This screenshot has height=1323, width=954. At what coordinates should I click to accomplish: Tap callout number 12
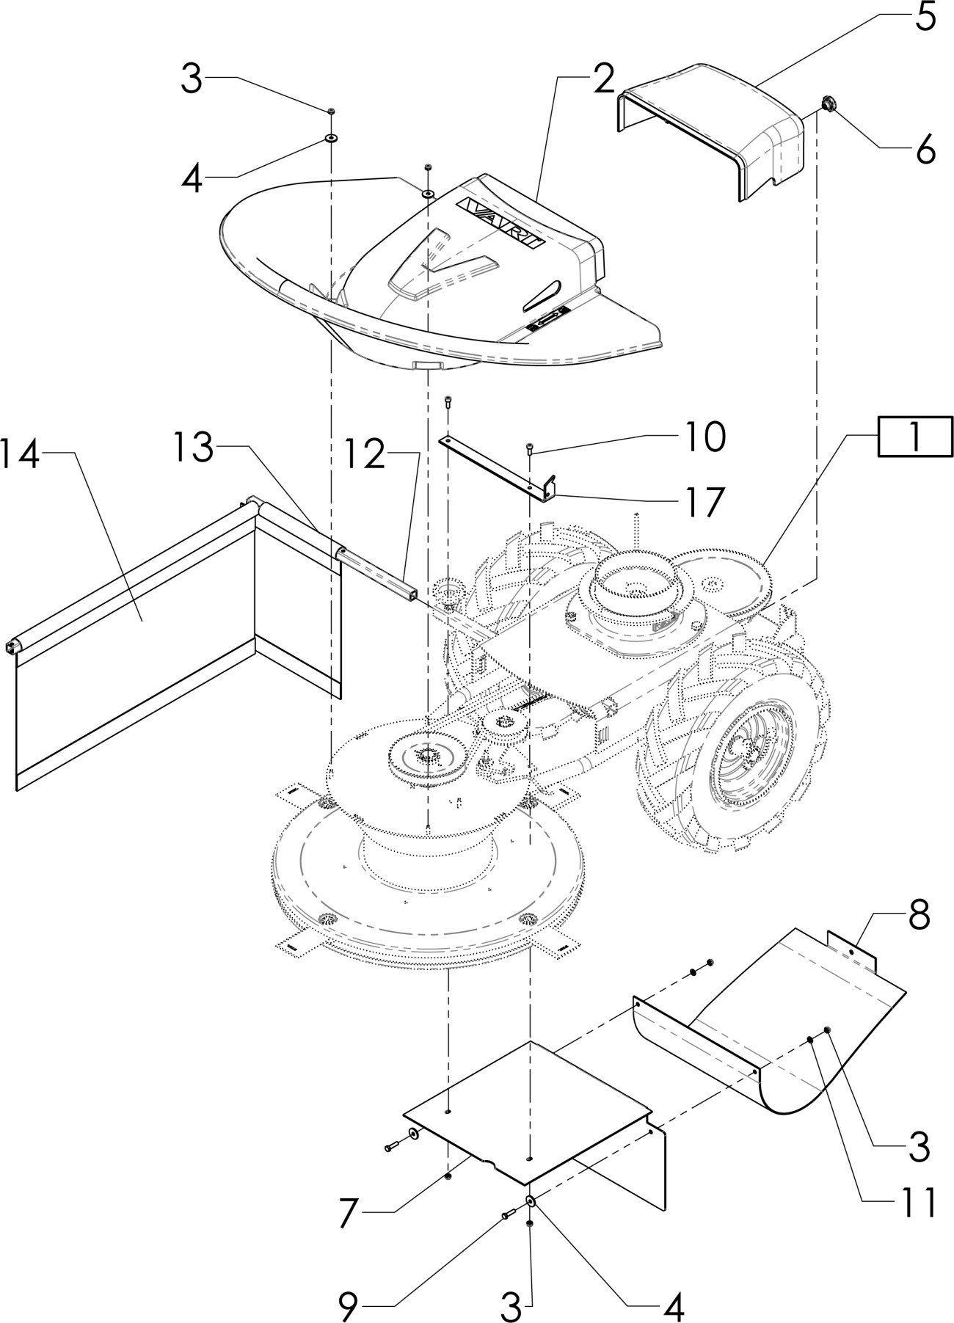click(363, 456)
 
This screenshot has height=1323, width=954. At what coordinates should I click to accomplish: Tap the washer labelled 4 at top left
click(332, 138)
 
